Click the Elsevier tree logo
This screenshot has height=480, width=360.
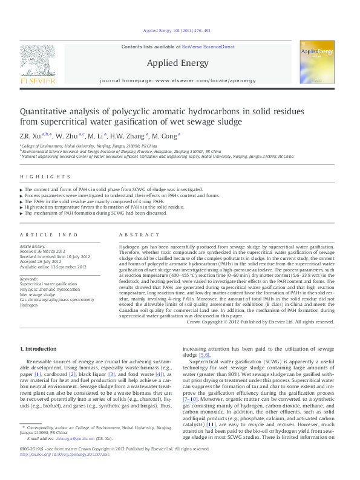pos(38,62)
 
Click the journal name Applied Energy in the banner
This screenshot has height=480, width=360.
pos(177,63)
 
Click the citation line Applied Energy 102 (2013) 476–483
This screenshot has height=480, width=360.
pos(176,30)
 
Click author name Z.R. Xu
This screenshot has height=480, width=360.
pos(31,136)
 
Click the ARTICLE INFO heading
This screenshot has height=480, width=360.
pos(49,234)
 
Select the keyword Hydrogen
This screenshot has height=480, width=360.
pos(28,305)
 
